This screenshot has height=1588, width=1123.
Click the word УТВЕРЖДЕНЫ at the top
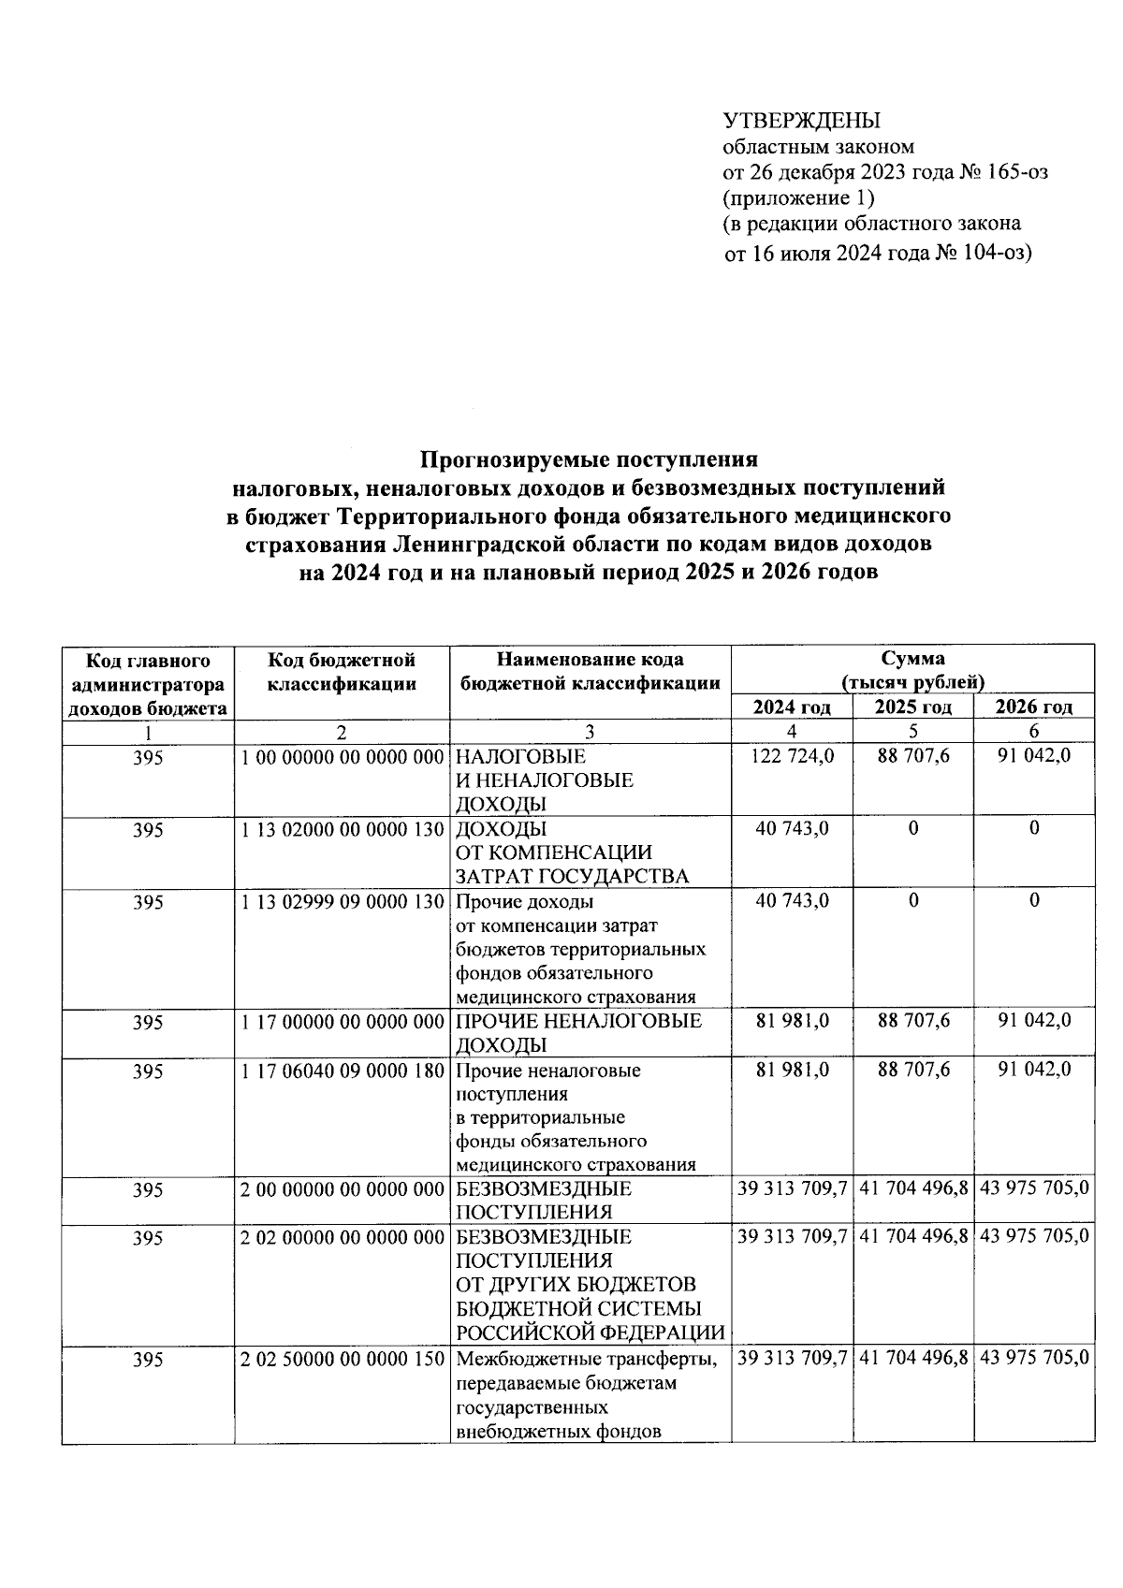click(x=802, y=121)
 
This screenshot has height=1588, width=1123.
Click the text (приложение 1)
click(x=798, y=198)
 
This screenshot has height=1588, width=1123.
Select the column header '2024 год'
click(x=792, y=707)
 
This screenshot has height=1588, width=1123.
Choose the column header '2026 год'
click(x=1034, y=707)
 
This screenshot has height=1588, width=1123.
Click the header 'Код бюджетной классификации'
click(x=342, y=672)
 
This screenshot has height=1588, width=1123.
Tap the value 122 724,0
click(x=792, y=756)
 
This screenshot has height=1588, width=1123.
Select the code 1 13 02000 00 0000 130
click(x=342, y=829)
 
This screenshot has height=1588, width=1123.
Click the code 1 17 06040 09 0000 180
click(x=342, y=1070)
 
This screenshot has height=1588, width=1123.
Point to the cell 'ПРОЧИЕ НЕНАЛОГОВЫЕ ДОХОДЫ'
click(x=578, y=1033)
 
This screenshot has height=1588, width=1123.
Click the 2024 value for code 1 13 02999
click(x=792, y=901)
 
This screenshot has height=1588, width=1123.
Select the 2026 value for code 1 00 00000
click(x=1034, y=756)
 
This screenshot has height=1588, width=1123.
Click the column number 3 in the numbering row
click(x=590, y=733)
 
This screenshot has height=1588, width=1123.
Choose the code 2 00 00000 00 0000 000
click(x=342, y=1189)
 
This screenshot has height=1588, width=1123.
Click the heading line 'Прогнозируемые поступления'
click(x=588, y=459)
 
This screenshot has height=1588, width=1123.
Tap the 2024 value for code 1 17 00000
click(x=792, y=1021)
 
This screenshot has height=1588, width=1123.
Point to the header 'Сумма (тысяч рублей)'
click(x=912, y=671)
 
